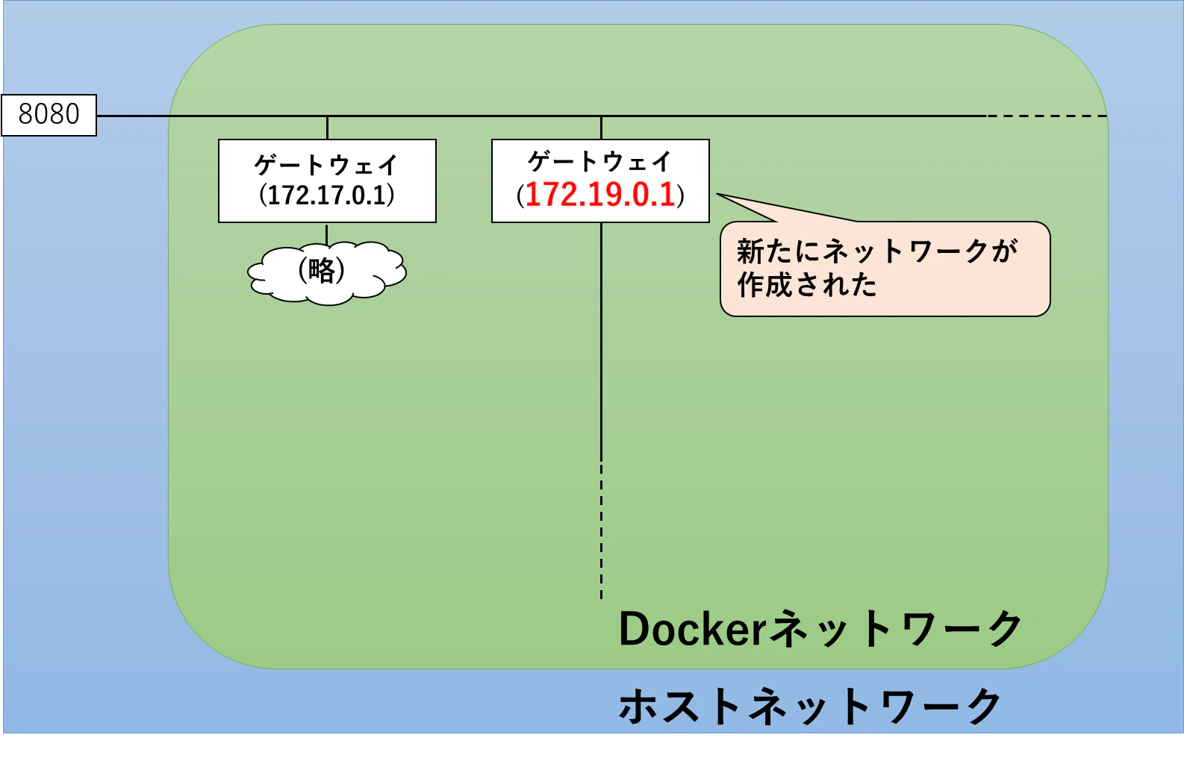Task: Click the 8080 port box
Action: [x=49, y=115]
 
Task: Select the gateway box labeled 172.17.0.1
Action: [x=327, y=181]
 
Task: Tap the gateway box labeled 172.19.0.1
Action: [x=600, y=181]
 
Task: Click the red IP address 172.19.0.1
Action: [x=600, y=194]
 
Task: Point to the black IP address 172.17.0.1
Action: [x=327, y=195]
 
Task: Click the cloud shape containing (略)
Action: [x=327, y=273]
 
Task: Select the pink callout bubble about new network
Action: [x=885, y=269]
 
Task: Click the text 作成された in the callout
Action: [x=807, y=285]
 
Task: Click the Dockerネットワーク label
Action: [x=820, y=628]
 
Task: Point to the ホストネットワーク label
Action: [x=810, y=706]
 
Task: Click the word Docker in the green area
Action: [x=693, y=628]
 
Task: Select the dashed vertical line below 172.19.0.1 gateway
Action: [x=601, y=530]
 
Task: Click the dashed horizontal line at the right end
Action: [x=1047, y=116]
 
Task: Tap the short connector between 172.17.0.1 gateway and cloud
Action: [x=327, y=234]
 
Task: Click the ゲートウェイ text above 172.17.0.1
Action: [x=326, y=165]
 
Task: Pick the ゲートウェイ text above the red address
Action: [x=600, y=161]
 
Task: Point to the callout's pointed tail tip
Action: [x=717, y=194]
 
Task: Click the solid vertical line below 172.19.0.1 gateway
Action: [x=601, y=342]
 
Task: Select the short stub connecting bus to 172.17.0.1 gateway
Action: [x=327, y=128]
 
